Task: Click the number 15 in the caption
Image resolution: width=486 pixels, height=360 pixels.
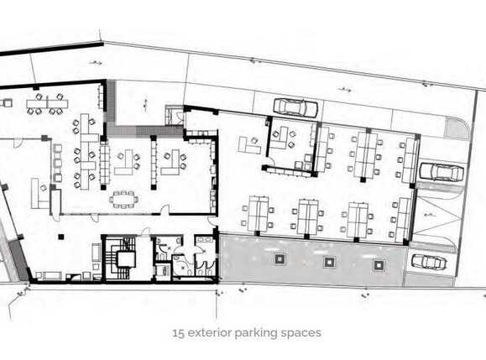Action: (179, 333)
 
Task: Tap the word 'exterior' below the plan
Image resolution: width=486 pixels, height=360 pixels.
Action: (210, 333)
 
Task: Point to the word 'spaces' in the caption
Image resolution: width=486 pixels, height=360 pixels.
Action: (300, 334)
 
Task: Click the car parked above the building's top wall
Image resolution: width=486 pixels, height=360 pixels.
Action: (295, 107)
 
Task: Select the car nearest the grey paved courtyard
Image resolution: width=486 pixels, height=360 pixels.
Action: (429, 262)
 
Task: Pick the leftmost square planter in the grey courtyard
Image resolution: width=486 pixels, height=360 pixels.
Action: (280, 258)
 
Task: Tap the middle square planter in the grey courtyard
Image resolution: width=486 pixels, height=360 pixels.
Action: (329, 262)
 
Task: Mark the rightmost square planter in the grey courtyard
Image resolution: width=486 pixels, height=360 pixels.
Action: (379, 265)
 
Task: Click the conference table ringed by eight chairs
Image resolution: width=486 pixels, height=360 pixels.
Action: (123, 199)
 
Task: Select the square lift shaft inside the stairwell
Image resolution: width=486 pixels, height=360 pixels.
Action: (126, 259)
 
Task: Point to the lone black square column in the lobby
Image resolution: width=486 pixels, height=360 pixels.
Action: (61, 237)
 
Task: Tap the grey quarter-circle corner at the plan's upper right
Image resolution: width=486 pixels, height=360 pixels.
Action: (456, 128)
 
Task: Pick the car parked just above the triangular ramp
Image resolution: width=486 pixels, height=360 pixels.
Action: (442, 172)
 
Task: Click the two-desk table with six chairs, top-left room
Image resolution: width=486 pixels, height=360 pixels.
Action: (47, 103)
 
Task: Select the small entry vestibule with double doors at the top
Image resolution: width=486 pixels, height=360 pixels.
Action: (175, 115)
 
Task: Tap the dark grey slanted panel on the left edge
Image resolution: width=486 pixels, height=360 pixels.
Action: (18, 260)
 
